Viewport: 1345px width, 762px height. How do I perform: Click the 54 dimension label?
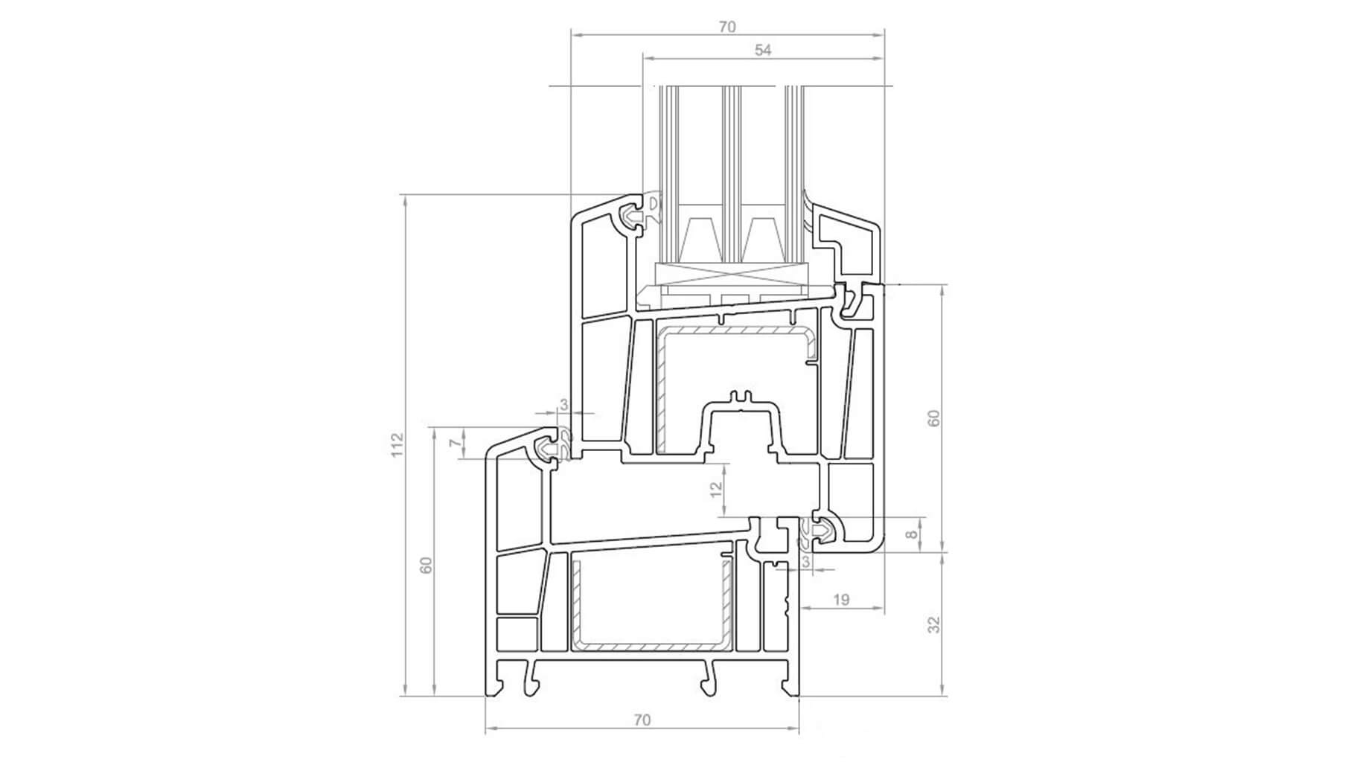pos(763,50)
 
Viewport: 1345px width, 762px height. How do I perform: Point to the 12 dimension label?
pos(715,489)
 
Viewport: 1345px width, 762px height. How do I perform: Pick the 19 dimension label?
pos(841,599)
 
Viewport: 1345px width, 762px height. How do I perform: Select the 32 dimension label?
pos(935,624)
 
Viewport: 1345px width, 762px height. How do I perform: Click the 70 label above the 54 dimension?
pos(727,27)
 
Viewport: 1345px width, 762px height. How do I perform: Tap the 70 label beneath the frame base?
pos(642,720)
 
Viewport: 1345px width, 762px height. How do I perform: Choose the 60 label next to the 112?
pos(426,565)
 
